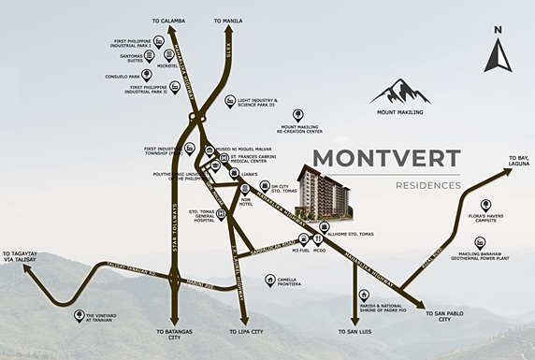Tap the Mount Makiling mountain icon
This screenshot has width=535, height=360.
[x=400, y=92]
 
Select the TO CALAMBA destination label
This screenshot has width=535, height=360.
[x=168, y=20]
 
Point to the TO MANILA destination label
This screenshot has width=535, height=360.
[x=228, y=20]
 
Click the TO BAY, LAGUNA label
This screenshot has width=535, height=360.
[x=512, y=161]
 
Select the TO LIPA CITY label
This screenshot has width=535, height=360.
[x=245, y=332]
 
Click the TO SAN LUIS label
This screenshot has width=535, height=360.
[x=355, y=332]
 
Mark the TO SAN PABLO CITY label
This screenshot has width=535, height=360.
[x=439, y=318]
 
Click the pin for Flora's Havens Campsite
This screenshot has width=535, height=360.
[x=485, y=205]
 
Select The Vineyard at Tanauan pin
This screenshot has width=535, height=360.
[x=79, y=315]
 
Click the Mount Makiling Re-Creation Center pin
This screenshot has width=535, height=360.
[x=298, y=114]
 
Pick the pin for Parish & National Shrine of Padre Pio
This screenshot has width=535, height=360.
[x=364, y=295]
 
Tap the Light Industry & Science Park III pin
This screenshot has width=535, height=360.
[x=229, y=101]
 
